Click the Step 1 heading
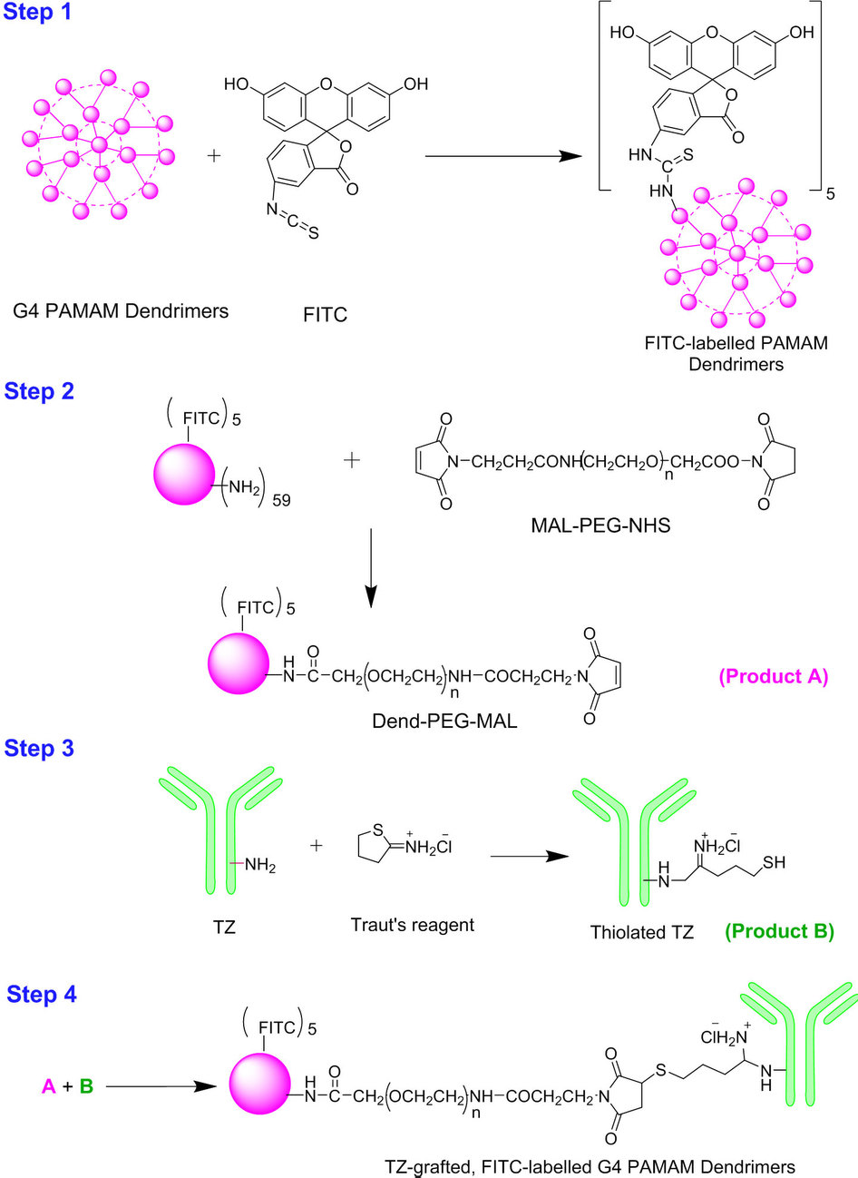coord(37,12)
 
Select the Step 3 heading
coord(39,749)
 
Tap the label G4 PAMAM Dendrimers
coord(121,310)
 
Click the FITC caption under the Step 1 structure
coord(326,315)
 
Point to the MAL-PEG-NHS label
coord(600,525)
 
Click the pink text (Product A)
coord(774,676)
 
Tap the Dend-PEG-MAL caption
coord(444,721)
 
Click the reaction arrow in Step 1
coord(503,156)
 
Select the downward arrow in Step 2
coord(371,568)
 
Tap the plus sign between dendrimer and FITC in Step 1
coord(214,156)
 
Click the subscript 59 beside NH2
coord(282,500)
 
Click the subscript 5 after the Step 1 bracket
coord(830,194)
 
